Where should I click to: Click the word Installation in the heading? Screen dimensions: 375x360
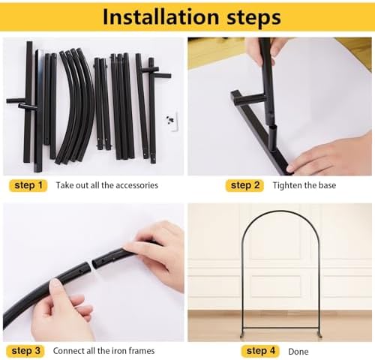[x=161, y=16]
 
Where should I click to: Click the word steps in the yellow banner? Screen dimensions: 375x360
[x=253, y=18]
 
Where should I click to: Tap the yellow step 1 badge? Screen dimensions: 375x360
[x=28, y=185]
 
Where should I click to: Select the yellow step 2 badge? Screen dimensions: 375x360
[x=244, y=185]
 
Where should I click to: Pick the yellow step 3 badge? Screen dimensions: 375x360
[x=25, y=351]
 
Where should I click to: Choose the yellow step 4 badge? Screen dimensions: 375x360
[x=260, y=351]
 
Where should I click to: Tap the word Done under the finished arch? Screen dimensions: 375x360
[x=298, y=352]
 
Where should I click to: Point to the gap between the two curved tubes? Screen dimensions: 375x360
[x=91, y=265]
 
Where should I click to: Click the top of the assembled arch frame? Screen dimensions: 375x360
[x=280, y=211]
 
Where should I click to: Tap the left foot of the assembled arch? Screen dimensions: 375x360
[x=242, y=335]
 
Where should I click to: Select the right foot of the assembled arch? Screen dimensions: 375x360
[x=319, y=335]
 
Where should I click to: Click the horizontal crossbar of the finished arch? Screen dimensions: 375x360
[x=280, y=328]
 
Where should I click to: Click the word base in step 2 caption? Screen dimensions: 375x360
[x=327, y=185]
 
